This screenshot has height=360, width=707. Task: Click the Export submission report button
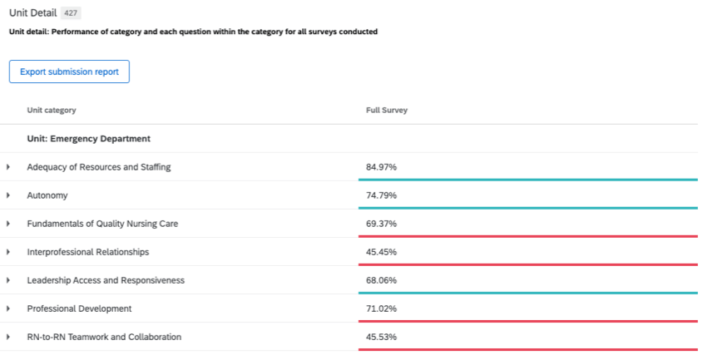click(x=69, y=72)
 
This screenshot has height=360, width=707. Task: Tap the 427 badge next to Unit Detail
click(x=72, y=13)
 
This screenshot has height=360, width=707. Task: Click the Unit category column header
click(x=52, y=111)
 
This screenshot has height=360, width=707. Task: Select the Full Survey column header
click(x=387, y=111)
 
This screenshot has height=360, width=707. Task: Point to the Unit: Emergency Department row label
click(x=88, y=139)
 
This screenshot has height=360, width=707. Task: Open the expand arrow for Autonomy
click(x=8, y=195)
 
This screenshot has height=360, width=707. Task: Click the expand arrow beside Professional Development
click(x=8, y=308)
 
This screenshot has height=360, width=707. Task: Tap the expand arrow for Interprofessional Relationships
click(x=8, y=252)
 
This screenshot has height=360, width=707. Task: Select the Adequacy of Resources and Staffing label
click(x=98, y=167)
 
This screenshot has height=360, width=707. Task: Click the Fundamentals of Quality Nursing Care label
click(x=102, y=224)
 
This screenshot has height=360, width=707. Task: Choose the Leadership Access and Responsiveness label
click(x=106, y=280)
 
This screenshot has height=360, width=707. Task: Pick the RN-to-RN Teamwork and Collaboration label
click(x=104, y=337)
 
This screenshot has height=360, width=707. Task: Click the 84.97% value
click(x=381, y=167)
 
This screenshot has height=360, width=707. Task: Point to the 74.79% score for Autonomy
click(x=381, y=195)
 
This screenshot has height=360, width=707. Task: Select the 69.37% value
click(x=381, y=224)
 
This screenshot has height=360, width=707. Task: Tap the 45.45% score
click(x=381, y=252)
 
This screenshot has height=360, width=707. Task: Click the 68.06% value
click(x=381, y=280)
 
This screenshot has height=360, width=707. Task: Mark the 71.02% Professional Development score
click(x=381, y=308)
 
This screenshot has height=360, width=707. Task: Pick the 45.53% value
click(x=381, y=337)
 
